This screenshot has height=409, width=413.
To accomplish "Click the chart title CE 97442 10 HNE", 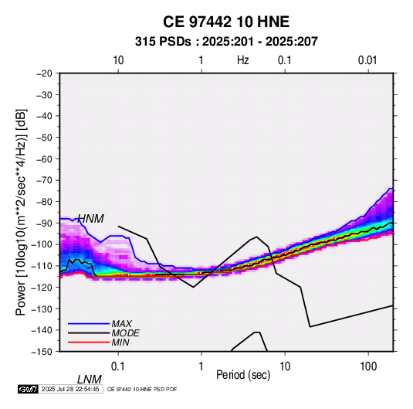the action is [226, 22].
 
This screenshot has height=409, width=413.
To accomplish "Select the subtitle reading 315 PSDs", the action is [163, 42].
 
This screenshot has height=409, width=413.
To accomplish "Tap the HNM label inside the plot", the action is [91, 219].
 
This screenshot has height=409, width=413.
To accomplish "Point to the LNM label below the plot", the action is [90, 380].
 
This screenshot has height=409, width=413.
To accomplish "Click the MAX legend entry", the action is [121, 323].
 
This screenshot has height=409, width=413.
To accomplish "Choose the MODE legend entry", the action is [125, 333].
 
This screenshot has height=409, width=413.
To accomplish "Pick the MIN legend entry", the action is [120, 343].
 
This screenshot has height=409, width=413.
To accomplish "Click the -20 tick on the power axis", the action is [44, 73].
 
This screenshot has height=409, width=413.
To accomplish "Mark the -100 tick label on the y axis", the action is [42, 244].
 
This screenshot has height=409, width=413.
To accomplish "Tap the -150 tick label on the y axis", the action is [42, 352].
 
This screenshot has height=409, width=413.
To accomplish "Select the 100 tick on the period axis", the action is [368, 366].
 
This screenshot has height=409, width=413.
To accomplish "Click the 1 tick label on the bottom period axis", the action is [201, 366].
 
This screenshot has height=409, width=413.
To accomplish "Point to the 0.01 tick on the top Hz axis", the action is [367, 60].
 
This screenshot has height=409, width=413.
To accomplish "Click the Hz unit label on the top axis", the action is [243, 60].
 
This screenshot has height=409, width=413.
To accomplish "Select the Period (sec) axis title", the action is [243, 375].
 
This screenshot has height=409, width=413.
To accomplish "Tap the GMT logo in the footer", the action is [28, 389].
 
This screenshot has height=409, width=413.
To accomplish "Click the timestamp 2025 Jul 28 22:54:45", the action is [70, 389].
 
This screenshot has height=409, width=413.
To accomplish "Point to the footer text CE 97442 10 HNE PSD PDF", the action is [142, 390].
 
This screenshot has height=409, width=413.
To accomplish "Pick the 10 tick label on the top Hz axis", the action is [118, 60].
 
